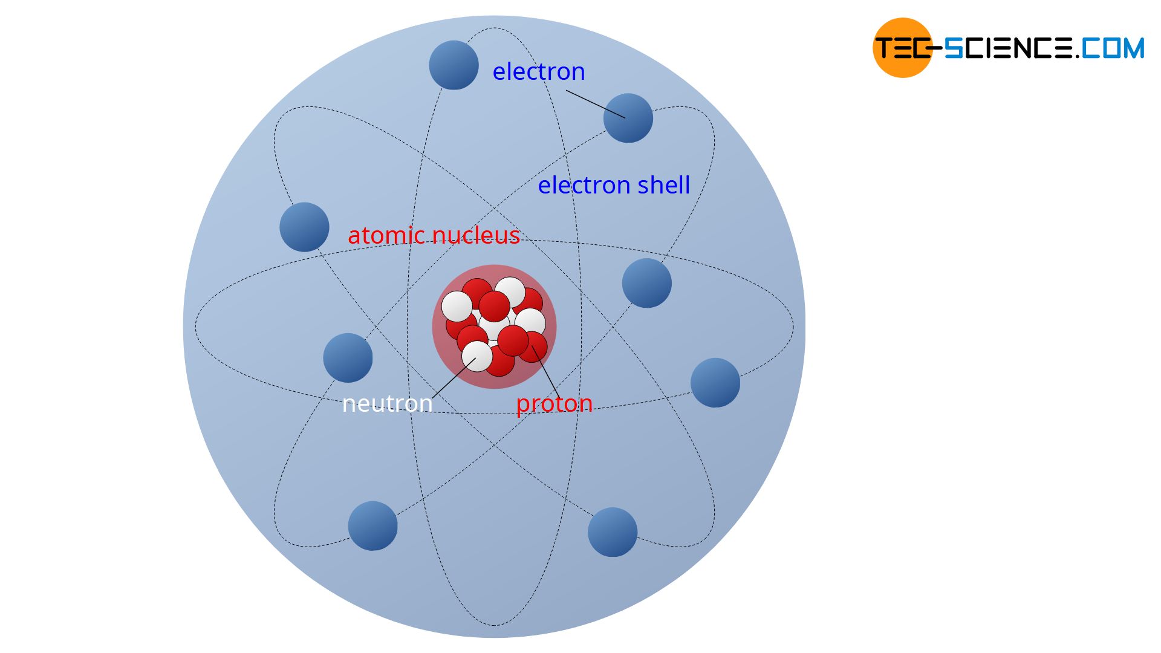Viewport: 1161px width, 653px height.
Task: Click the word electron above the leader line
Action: (x=539, y=71)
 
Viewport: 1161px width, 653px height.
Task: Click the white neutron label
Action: (x=388, y=403)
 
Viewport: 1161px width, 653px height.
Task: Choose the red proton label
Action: (x=554, y=404)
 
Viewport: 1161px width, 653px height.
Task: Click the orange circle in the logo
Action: (x=903, y=48)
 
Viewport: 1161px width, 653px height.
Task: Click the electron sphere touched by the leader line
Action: (x=628, y=118)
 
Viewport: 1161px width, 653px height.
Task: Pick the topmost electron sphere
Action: (x=454, y=65)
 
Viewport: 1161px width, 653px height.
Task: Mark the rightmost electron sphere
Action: (x=715, y=383)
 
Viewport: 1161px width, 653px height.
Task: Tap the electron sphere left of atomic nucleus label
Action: (x=305, y=227)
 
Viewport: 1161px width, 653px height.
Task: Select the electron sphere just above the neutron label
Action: (x=348, y=358)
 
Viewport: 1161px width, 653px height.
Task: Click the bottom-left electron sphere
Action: (x=373, y=526)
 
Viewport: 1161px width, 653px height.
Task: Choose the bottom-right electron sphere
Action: (x=613, y=532)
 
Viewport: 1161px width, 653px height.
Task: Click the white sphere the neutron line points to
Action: (x=477, y=357)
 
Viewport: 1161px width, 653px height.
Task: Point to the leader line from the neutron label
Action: (x=454, y=378)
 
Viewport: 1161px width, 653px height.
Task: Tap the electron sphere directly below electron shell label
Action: (x=647, y=284)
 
